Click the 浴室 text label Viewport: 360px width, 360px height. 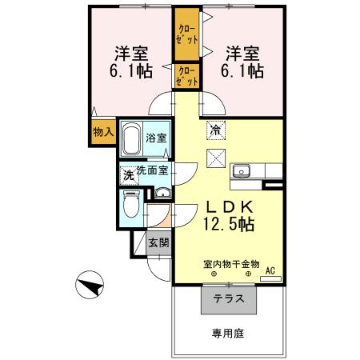tap(157, 138)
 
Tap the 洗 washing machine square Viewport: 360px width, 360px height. tap(127, 174)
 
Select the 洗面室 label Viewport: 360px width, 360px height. tap(151, 170)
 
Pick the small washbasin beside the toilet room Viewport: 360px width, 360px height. tap(162, 193)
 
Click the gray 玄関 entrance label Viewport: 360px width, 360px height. tap(158, 242)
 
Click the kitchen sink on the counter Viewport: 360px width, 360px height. tap(242, 170)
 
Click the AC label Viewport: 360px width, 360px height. tap(270, 273)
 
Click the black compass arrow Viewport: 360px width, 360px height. tap(90, 283)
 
